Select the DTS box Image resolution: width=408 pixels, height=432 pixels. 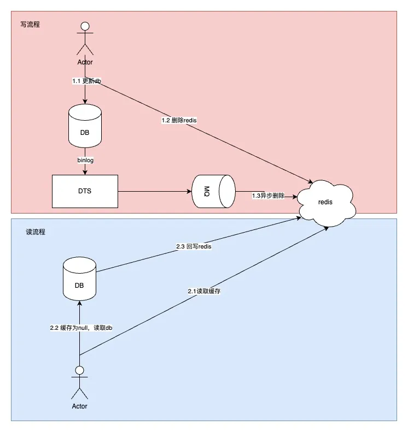pyautogui.click(x=85, y=191)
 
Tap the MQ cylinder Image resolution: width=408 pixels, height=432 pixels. pyautogui.click(x=213, y=191)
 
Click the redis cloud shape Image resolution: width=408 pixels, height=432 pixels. pyautogui.click(x=327, y=200)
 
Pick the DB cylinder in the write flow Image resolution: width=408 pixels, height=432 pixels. pyautogui.click(x=85, y=127)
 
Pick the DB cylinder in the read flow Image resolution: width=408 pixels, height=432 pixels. pyautogui.click(x=79, y=279)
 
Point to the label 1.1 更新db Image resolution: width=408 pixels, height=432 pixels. pyautogui.click(x=86, y=80)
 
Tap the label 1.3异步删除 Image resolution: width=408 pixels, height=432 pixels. pyautogui.click(x=268, y=195)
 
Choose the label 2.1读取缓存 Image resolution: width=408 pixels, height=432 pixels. pyautogui.click(x=204, y=291)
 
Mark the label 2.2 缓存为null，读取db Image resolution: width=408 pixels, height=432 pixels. pyautogui.click(x=81, y=328)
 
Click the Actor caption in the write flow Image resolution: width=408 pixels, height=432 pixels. pyautogui.click(x=85, y=62)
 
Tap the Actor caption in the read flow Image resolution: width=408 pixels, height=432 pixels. pyautogui.click(x=80, y=406)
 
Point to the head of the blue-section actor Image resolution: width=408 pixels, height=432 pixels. pyautogui.click(x=80, y=370)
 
